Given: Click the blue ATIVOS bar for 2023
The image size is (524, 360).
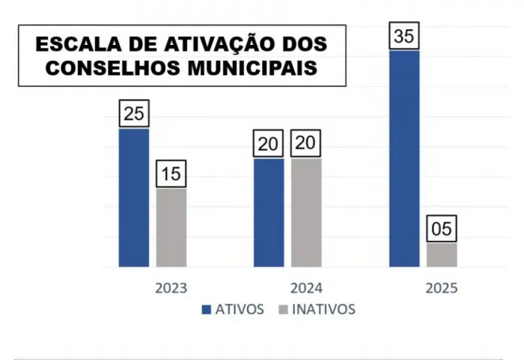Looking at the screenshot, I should (134, 198).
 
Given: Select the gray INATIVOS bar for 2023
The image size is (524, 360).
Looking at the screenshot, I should (171, 228).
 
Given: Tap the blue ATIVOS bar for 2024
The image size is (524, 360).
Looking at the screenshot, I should (269, 213).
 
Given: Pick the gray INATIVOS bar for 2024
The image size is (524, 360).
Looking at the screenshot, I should (306, 213).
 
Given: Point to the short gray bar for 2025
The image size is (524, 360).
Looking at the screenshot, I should (442, 254).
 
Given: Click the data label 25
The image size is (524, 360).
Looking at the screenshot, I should (134, 114).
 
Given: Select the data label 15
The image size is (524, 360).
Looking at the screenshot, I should (171, 174).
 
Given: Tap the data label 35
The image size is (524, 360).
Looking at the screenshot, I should (404, 37).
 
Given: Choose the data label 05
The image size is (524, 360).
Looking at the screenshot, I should (442, 229).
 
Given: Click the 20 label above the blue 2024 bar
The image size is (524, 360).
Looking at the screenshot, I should (269, 144).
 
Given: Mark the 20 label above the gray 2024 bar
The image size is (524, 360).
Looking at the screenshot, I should (306, 144).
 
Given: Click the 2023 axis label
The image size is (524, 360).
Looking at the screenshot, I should (171, 288).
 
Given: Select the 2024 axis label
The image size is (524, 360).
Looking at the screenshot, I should (306, 288).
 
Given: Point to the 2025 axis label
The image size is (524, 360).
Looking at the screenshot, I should (441, 288).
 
